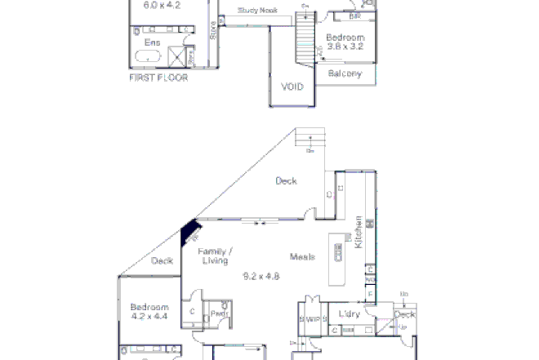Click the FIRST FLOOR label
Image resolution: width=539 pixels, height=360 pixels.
click(x=158, y=78)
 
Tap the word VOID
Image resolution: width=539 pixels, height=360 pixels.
click(x=292, y=87)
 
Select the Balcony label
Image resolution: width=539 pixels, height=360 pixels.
click(x=344, y=73)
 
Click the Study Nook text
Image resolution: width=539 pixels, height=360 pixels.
click(x=257, y=11)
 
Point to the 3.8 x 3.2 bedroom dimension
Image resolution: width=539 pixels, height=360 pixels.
click(x=345, y=47)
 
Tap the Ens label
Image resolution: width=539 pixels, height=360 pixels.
click(x=152, y=42)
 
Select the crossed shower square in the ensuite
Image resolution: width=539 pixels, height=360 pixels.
click(x=177, y=56)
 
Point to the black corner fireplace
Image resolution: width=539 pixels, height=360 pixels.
click(x=189, y=232)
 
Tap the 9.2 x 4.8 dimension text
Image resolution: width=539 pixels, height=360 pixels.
click(x=261, y=276)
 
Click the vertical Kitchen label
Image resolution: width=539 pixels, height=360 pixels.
click(x=358, y=236)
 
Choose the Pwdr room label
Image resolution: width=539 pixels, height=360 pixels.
click(x=219, y=313)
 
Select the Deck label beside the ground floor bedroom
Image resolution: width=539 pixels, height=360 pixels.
click(x=162, y=261)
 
